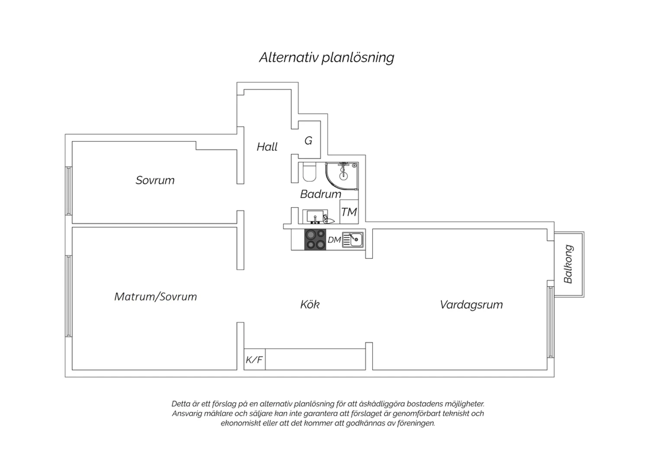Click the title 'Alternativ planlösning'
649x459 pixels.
[327, 58]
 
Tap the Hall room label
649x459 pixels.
[267, 147]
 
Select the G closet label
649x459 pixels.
[308, 141]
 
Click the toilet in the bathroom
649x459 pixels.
[309, 172]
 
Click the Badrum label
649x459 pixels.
[321, 194]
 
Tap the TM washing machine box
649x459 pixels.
[349, 212]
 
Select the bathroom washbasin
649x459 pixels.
[315, 217]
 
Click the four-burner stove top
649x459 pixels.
[315, 239]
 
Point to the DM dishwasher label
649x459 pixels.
[334, 240]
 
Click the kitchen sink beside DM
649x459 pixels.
[353, 240]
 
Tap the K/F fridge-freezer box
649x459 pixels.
[254, 359]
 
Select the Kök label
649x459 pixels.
[310, 304]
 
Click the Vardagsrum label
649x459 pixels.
[471, 305]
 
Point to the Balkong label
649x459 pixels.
[568, 264]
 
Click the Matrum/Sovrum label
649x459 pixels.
[156, 297]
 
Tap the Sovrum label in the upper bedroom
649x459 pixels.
[155, 181]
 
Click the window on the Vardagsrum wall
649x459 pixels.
[550, 322]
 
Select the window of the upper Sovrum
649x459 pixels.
[69, 191]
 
